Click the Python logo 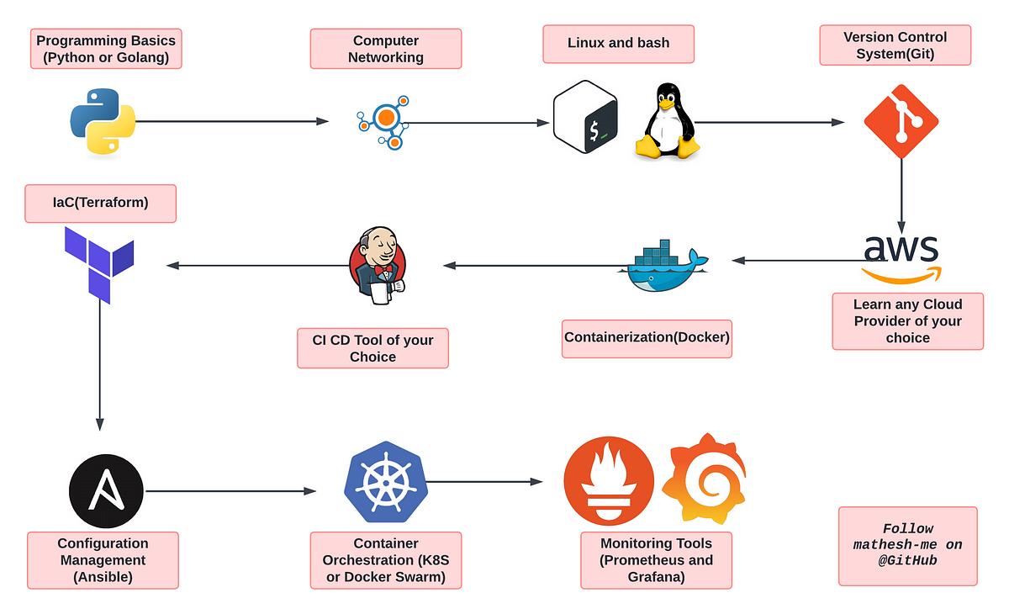103,122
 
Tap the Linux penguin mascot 667,121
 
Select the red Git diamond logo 901,122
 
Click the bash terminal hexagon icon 585,117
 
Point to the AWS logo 901,259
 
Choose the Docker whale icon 663,266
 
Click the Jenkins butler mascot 378,266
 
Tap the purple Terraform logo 99,265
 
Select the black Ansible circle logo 106,491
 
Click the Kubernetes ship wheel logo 386,482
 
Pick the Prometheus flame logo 609,480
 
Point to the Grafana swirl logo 704,479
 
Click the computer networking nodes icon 383,123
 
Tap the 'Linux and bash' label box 619,44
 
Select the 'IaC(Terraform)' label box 100,204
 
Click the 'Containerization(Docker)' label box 647,339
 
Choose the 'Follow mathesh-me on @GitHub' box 907,546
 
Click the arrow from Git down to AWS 901,197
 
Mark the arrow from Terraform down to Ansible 99,365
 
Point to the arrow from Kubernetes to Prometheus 484,482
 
